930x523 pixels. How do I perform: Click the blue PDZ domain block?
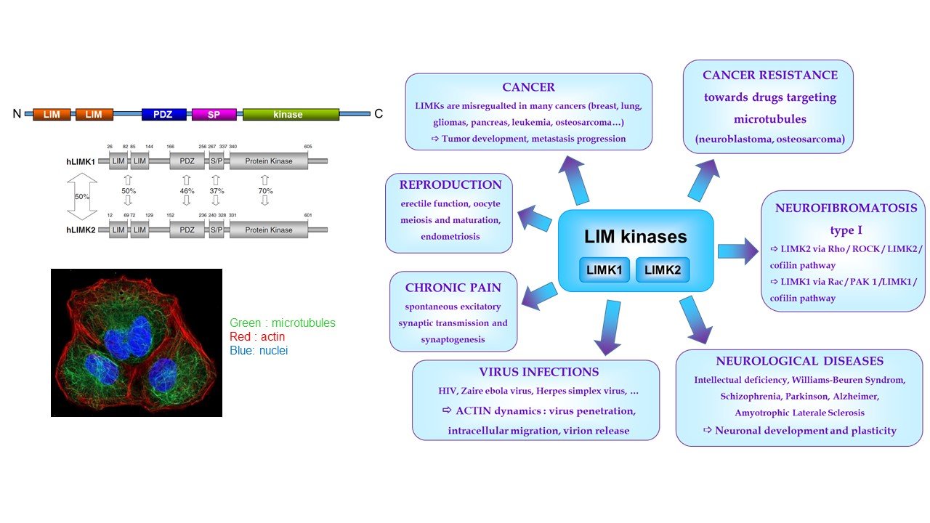[164, 114]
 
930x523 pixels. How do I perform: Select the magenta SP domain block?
[214, 114]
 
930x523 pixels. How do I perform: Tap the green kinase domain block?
[291, 114]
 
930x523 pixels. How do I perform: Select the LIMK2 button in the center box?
[662, 270]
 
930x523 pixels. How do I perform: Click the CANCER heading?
[528, 87]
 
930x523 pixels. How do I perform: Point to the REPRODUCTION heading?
[449, 185]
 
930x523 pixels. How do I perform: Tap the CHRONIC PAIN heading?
[453, 287]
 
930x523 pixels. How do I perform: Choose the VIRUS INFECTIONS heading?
[538, 372]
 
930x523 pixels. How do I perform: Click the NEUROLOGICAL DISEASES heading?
[799, 360]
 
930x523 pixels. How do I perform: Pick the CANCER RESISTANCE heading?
[769, 75]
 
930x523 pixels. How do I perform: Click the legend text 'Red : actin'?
[257, 336]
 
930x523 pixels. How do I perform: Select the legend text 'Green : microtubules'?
[283, 323]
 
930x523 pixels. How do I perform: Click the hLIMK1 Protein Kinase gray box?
[268, 161]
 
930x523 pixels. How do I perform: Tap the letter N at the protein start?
[17, 114]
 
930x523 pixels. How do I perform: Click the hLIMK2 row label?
[81, 230]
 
